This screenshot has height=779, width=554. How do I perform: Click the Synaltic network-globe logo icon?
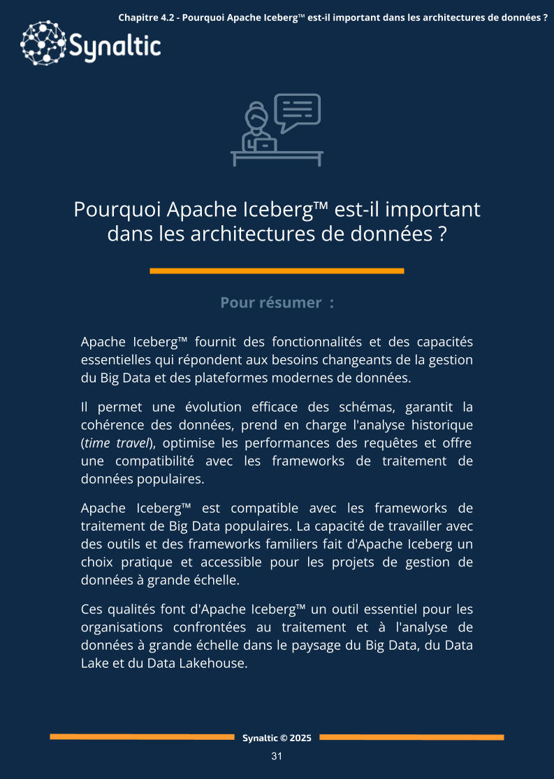pos(43,44)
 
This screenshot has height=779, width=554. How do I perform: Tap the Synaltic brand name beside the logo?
pos(115,48)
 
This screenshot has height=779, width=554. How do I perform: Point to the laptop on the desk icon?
pos(265,145)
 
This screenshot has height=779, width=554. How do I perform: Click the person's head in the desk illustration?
pos(256,115)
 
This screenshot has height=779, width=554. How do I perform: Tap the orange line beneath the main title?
pos(277,271)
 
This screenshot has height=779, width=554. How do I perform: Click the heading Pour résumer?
pos(277,303)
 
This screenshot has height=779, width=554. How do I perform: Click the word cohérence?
pos(114,425)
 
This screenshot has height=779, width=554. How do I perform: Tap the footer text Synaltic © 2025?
pos(277,738)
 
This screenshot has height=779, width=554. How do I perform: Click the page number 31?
pos(277,757)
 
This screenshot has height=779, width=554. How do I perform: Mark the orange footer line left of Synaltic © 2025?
pos(142,737)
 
